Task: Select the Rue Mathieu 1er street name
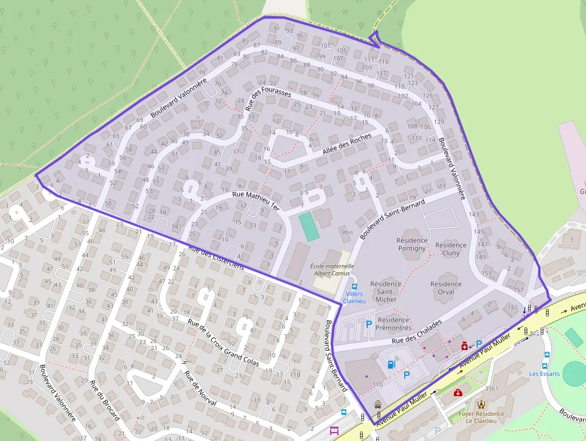[x=255, y=200]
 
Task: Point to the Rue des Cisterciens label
[x=216, y=257]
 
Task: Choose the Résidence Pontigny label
[x=411, y=244]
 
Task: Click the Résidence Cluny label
[x=451, y=249]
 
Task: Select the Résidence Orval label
[x=446, y=288]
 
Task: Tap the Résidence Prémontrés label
[x=393, y=324]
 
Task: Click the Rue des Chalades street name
[x=417, y=331]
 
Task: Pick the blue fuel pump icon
[x=391, y=363]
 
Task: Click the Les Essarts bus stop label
[x=544, y=374]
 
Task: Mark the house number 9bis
[x=347, y=232]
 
